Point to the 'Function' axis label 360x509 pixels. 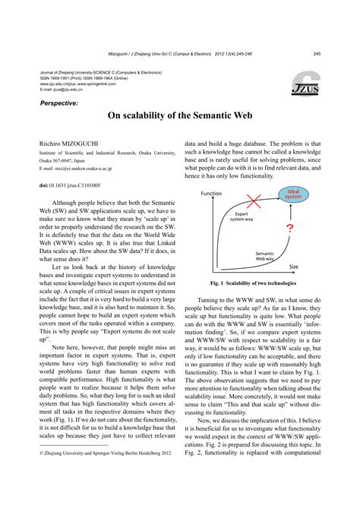coord(211,194)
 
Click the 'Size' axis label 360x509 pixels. coord(294,267)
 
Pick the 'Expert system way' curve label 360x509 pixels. coord(243,218)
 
